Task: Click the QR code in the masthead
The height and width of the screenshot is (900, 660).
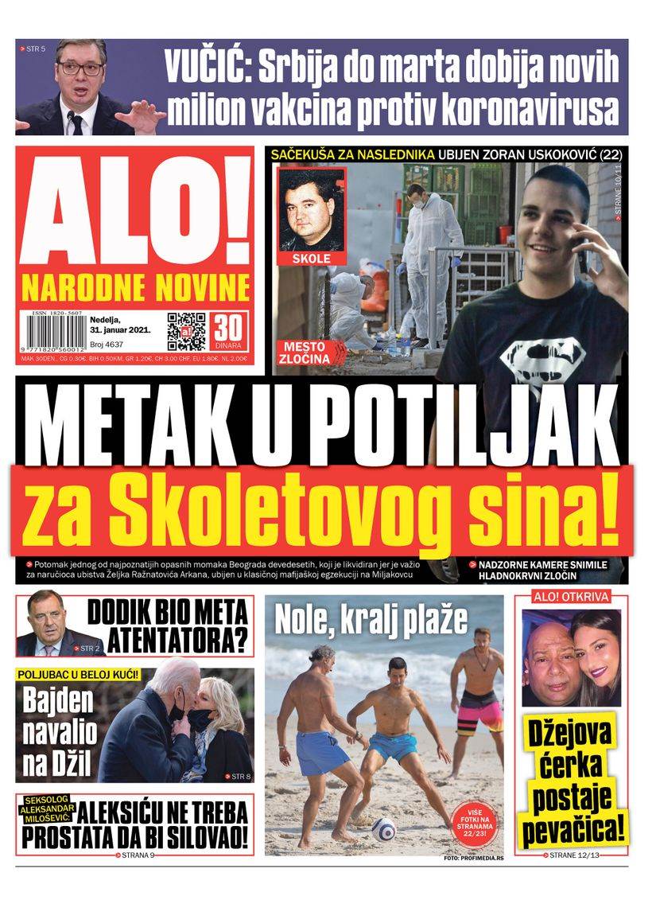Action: point(186,332)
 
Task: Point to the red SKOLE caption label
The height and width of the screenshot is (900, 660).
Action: point(311,259)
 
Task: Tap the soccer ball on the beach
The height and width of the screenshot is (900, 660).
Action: point(382,828)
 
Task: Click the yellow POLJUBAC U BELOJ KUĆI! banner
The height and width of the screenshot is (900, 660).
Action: point(79,675)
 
